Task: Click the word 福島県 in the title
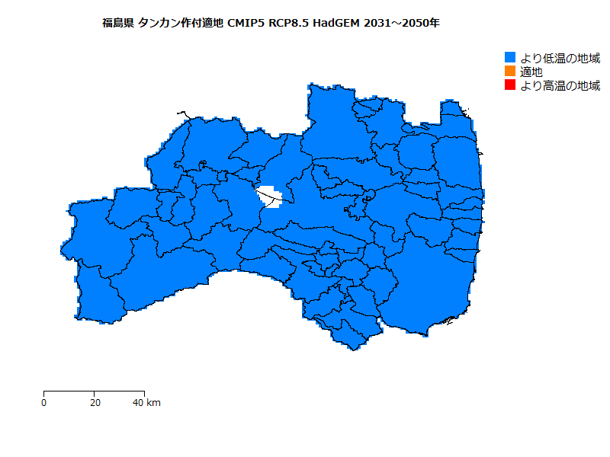[119, 23]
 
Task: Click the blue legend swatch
[511, 58]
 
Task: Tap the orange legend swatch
[511, 72]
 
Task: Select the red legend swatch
[511, 85]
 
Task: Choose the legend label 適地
[531, 72]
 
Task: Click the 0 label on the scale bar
[43, 403]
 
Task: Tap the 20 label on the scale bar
[94, 403]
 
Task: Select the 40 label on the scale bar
[138, 403]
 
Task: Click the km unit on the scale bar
[153, 403]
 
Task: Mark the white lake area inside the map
[269, 197]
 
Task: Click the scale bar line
[69, 391]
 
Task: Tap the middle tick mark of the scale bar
[94, 393]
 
